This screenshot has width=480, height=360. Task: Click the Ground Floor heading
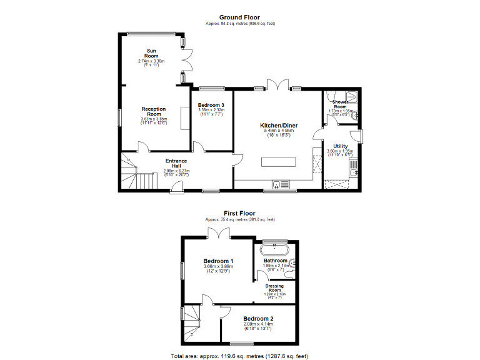click(x=239, y=17)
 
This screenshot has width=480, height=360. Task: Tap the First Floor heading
click(x=239, y=213)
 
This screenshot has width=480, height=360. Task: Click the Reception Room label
click(x=153, y=111)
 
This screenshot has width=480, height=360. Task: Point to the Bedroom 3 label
click(x=211, y=105)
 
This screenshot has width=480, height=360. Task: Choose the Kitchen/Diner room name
click(x=279, y=126)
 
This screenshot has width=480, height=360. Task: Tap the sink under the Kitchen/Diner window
click(x=276, y=184)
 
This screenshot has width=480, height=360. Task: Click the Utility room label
click(x=341, y=146)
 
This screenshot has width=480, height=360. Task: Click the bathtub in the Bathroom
click(x=275, y=250)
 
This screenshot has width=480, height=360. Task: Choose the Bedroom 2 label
click(x=258, y=318)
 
